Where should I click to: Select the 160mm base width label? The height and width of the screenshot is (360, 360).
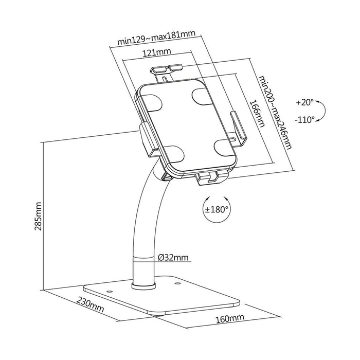(x=229, y=319)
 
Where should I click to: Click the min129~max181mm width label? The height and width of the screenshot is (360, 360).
(x=149, y=38)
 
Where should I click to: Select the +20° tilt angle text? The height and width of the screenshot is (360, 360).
(x=304, y=102)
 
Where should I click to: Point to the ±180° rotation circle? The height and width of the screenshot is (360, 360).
(x=216, y=210)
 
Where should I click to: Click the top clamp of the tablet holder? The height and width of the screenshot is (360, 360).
(x=166, y=69)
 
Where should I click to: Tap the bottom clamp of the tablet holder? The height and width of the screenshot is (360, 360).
(x=212, y=177)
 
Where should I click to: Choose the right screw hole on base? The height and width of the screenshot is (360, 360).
(x=177, y=283)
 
